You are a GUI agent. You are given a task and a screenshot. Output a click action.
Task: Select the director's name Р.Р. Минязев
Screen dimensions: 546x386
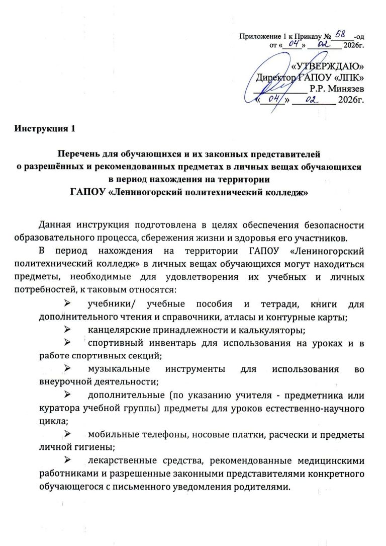click(x=337, y=88)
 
